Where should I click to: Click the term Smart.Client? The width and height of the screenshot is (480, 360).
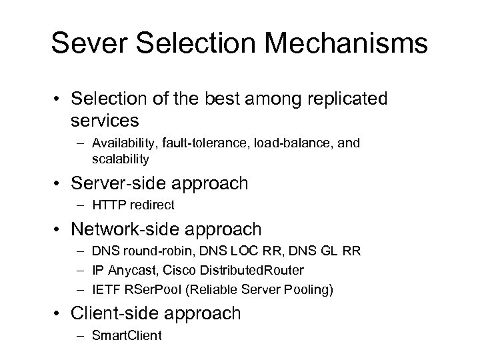point(127,335)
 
